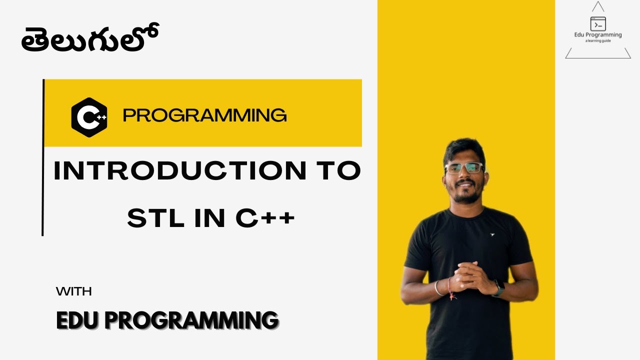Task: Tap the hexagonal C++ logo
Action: (89, 117)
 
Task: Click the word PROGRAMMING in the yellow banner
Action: (204, 116)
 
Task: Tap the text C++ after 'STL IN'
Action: (265, 218)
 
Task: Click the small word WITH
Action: (73, 291)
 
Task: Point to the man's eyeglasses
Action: (464, 168)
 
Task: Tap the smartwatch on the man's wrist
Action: (498, 288)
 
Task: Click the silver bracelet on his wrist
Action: (438, 287)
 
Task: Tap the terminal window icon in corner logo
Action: (598, 24)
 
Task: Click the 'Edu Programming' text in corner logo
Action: (598, 35)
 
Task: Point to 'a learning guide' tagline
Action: (598, 41)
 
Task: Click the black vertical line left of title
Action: (43, 157)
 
